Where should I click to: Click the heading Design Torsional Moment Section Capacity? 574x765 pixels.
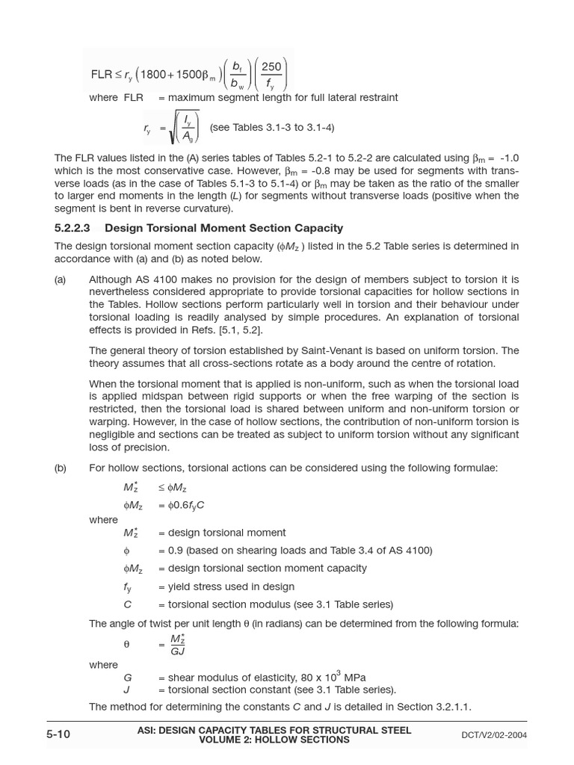(x=223, y=228)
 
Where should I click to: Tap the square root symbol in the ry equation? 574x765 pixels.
(x=173, y=128)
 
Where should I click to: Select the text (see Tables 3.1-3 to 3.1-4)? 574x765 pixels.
(x=272, y=128)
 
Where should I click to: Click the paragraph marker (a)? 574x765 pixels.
(x=60, y=279)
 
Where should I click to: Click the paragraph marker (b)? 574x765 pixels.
(x=60, y=468)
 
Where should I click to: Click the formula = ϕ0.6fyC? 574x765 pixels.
(x=181, y=505)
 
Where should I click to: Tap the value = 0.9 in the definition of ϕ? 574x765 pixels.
(x=171, y=551)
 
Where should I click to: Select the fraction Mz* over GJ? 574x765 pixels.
(x=177, y=645)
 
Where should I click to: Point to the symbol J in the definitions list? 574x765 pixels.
(x=127, y=690)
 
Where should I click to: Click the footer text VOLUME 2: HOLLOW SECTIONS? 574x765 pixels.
(x=274, y=740)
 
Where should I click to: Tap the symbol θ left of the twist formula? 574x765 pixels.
(x=126, y=644)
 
